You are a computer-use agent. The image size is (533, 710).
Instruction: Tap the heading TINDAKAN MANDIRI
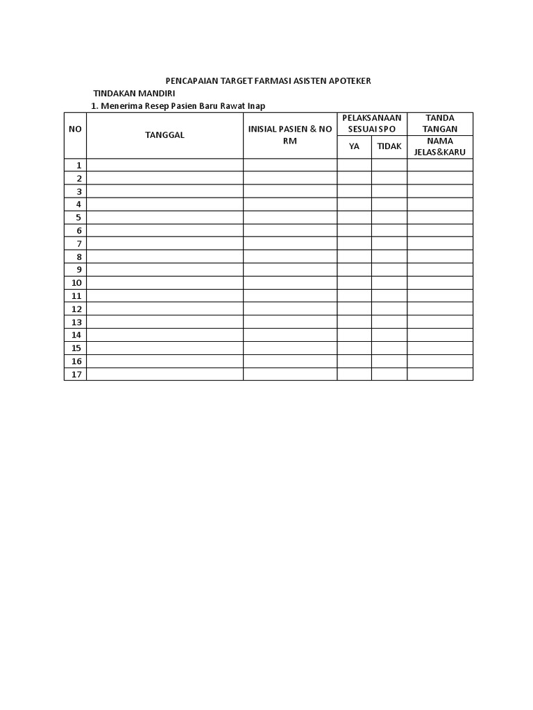click(x=134, y=94)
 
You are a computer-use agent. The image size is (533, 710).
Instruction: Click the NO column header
click(x=75, y=130)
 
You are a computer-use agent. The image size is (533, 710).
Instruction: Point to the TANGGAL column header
click(x=164, y=135)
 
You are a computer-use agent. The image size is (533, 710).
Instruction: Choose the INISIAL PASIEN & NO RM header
click(x=290, y=135)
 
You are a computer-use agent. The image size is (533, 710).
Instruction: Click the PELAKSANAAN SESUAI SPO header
click(x=372, y=124)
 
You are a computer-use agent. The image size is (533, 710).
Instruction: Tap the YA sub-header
click(x=355, y=147)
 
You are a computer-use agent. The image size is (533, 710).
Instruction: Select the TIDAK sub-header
click(x=389, y=147)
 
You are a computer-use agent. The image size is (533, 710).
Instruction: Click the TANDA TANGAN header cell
click(x=440, y=124)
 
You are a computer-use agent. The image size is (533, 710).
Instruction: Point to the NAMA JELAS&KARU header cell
click(x=440, y=147)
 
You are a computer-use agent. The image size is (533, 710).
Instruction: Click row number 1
click(x=79, y=165)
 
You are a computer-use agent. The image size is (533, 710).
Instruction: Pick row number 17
click(x=76, y=374)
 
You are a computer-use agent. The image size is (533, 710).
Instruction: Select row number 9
click(x=79, y=270)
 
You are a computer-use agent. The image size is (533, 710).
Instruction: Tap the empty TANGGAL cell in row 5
click(x=164, y=218)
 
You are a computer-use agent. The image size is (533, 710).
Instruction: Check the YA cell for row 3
click(x=355, y=191)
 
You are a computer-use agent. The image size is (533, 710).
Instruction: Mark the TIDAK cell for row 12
click(x=389, y=309)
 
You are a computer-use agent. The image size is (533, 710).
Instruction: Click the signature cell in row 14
click(x=440, y=335)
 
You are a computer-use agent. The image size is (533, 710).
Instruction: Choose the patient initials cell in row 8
click(x=290, y=257)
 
